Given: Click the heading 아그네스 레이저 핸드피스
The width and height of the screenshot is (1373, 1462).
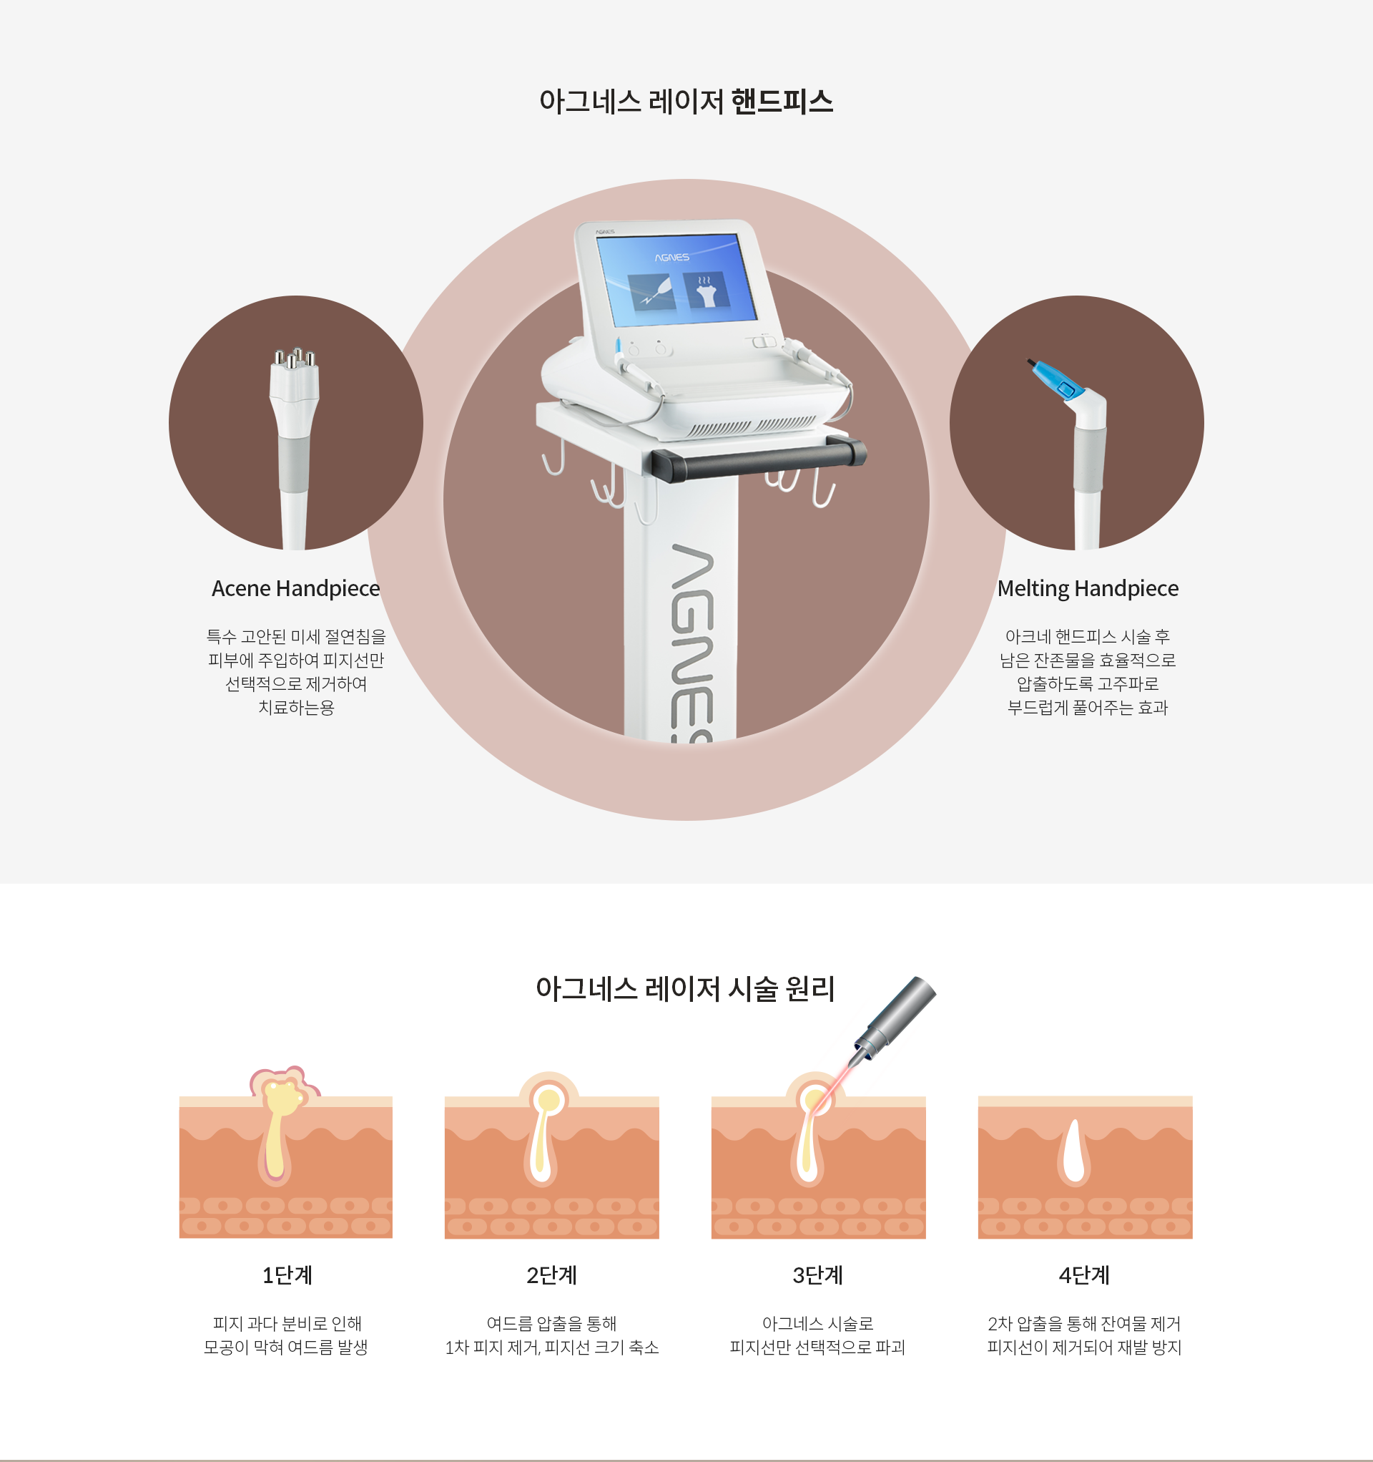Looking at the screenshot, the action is pyautogui.click(x=686, y=102).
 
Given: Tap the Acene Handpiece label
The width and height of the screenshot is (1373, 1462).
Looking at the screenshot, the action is pyautogui.click(x=295, y=588).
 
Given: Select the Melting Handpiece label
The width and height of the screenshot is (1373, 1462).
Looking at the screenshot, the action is pyautogui.click(x=1088, y=588).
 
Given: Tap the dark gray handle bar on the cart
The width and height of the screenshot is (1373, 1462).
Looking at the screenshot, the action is pyautogui.click(x=757, y=458).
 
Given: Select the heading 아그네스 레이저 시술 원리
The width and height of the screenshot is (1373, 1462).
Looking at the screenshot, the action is pyautogui.click(x=685, y=989).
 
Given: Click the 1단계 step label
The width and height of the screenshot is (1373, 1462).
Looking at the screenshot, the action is pyautogui.click(x=287, y=1275).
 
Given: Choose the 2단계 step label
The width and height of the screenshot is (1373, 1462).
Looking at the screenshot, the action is pyautogui.click(x=551, y=1275).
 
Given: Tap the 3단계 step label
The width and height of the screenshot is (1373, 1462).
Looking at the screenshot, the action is pyautogui.click(x=817, y=1275).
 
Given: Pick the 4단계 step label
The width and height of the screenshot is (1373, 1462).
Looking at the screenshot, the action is pyautogui.click(x=1084, y=1275).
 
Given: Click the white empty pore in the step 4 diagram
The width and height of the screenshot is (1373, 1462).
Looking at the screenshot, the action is pyautogui.click(x=1075, y=1151).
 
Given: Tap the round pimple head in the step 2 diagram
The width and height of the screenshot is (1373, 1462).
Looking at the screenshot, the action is pyautogui.click(x=549, y=1099).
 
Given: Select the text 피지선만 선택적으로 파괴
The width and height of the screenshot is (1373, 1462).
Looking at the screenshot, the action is pyautogui.click(x=817, y=1348).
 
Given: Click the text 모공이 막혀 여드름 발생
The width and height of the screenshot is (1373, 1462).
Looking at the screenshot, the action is pyautogui.click(x=285, y=1348).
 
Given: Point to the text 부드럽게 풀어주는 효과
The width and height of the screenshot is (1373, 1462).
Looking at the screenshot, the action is pyautogui.click(x=1087, y=708).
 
